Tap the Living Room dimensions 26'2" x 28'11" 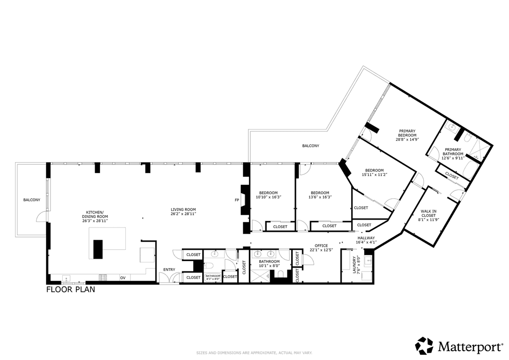pyautogui.click(x=183, y=214)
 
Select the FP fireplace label pyautogui.click(x=237, y=200)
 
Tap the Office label pyautogui.click(x=321, y=246)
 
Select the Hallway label pyautogui.click(x=366, y=238)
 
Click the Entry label pyautogui.click(x=169, y=270)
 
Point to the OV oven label pyautogui.click(x=123, y=278)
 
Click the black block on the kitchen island pyautogui.click(x=98, y=249)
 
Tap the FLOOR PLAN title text pyautogui.click(x=70, y=290)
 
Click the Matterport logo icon pyautogui.click(x=424, y=346)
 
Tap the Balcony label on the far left pyautogui.click(x=32, y=200)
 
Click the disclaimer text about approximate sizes pyautogui.click(x=254, y=352)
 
